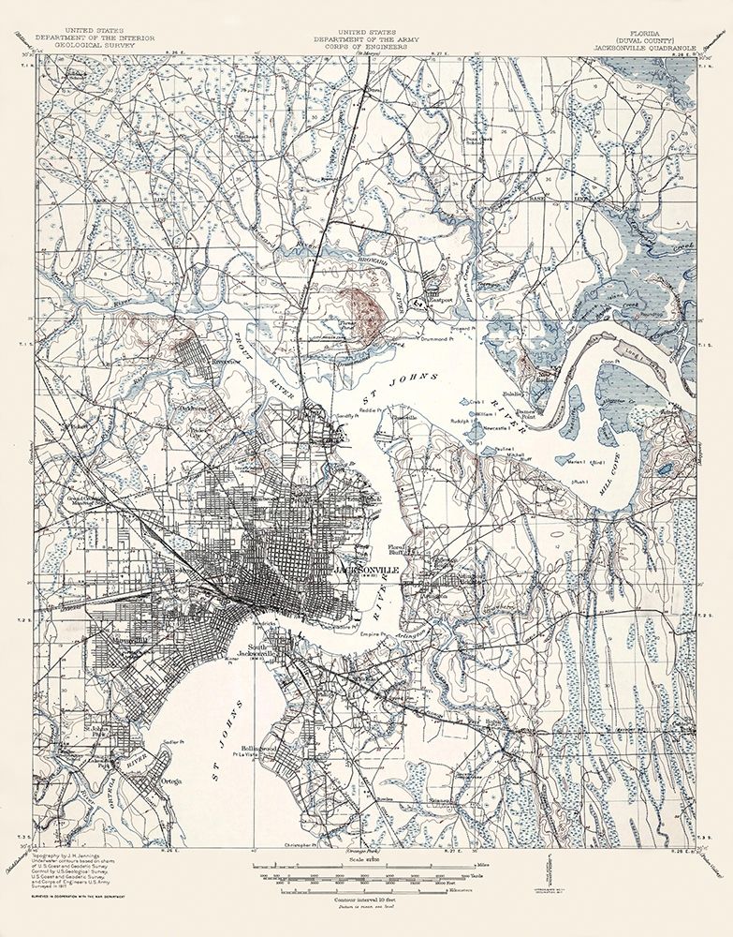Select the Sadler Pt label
coord(169,741)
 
